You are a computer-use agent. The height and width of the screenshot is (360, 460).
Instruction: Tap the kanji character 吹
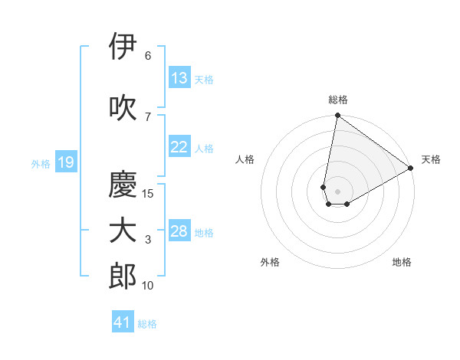coord(123,107)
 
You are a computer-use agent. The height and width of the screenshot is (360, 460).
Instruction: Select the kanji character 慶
coord(123,184)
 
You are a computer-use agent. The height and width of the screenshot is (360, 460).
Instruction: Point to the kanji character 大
coord(123,231)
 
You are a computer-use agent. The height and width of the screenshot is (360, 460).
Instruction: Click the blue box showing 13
coord(179,78)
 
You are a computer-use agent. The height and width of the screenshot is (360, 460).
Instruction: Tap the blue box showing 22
coord(179,147)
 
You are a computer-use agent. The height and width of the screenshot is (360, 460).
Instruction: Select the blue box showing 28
coord(179,232)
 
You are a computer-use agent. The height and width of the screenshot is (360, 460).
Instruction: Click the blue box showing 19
coord(65,162)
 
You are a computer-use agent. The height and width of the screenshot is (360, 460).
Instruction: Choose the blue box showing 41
coord(123,322)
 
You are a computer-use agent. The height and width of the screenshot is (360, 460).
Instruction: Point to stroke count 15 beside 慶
coord(148,193)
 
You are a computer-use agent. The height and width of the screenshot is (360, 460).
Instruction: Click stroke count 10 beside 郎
coord(148,286)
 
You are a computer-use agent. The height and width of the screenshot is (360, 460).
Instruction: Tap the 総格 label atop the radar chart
coord(338,100)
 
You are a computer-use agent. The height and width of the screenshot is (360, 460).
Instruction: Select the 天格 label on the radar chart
coord(431,159)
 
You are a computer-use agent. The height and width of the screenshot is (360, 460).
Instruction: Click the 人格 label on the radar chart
coord(245,159)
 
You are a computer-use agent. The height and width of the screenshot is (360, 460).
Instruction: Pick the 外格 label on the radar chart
coord(270,262)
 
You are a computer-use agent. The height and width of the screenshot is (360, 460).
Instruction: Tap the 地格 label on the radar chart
coord(402,262)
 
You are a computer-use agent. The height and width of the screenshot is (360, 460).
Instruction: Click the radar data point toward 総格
coord(337,116)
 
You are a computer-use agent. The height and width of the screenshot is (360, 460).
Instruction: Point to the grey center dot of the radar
coord(337,190)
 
